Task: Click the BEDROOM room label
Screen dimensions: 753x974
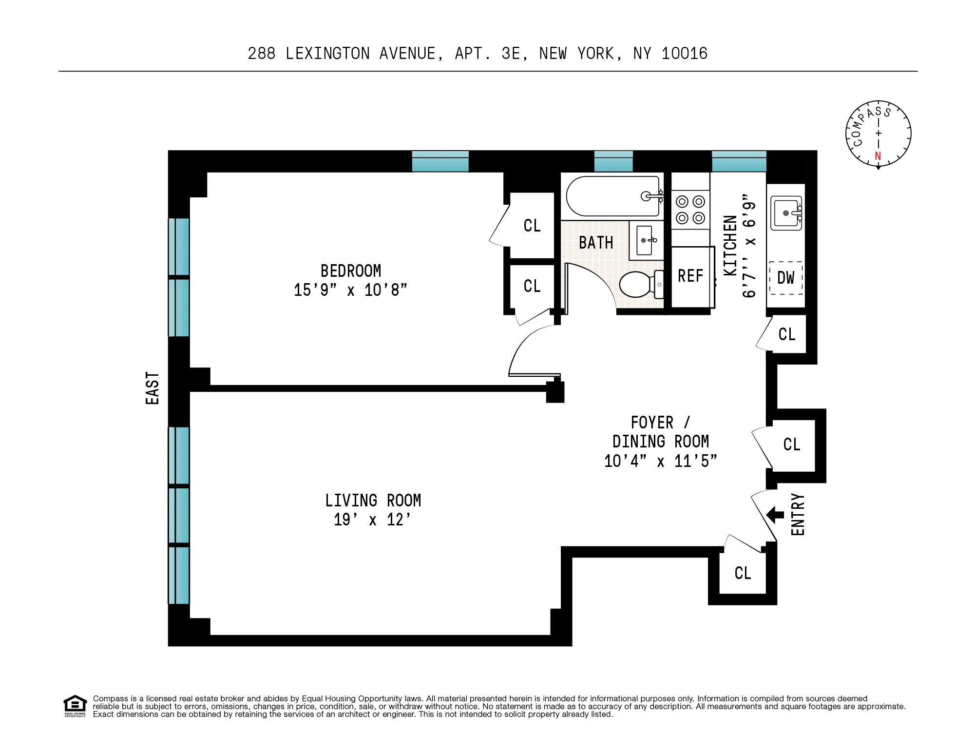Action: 350,271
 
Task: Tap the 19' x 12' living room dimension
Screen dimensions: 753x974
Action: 372,520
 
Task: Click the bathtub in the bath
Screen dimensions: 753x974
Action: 613,196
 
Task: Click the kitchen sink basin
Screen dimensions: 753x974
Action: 785,213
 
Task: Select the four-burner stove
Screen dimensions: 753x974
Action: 690,210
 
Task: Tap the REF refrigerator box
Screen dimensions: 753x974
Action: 690,276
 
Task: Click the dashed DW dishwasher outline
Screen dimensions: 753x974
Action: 785,278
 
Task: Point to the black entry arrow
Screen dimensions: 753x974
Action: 775,514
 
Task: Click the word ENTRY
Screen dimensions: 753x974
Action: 798,514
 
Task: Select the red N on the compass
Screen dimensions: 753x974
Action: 878,156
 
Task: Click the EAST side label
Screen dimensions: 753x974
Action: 153,388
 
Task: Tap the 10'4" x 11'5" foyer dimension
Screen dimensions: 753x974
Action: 660,461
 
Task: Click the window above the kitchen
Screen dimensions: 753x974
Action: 739,161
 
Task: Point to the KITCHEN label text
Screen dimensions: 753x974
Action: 730,246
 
